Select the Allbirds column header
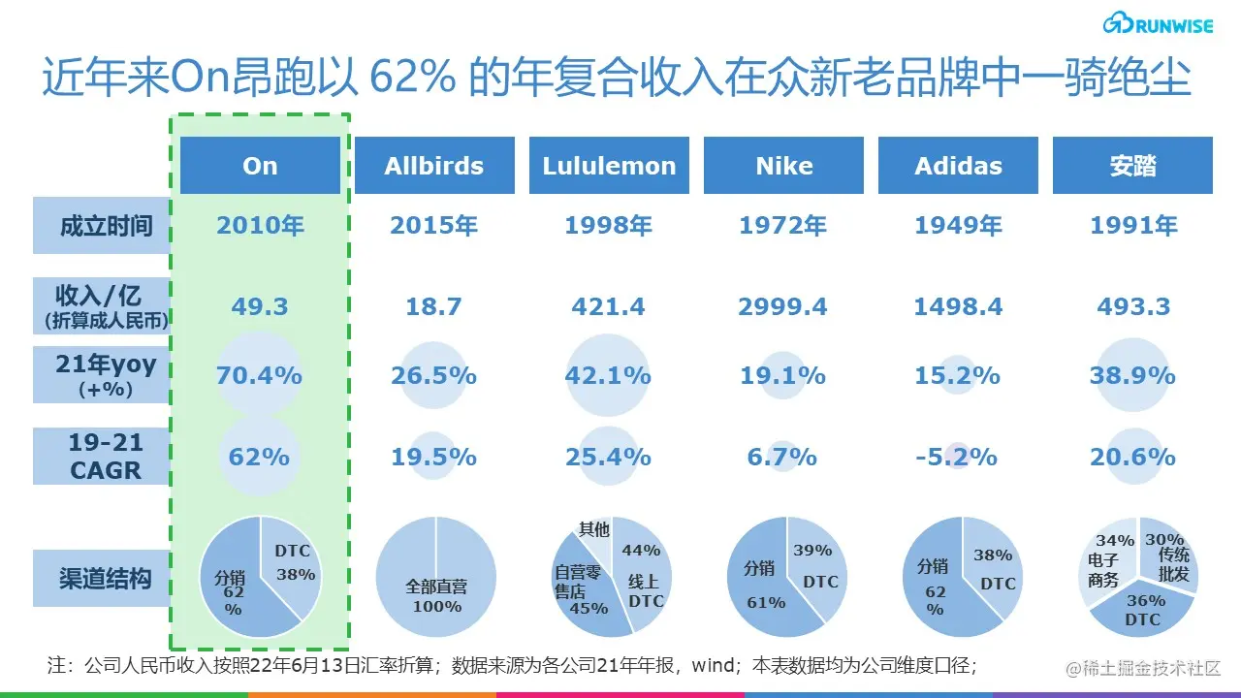tap(433, 166)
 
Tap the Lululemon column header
tap(609, 166)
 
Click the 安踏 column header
tap(1132, 166)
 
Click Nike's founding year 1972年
tap(782, 226)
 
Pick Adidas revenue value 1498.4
tap(958, 307)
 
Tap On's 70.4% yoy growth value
tap(259, 375)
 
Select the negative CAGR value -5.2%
tap(957, 457)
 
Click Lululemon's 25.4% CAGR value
tap(608, 457)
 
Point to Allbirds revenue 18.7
tap(433, 307)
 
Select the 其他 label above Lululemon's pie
tap(594, 529)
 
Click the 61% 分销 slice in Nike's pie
tap(761, 586)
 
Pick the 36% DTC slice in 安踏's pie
tap(1143, 610)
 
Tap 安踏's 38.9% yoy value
tap(1132, 375)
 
